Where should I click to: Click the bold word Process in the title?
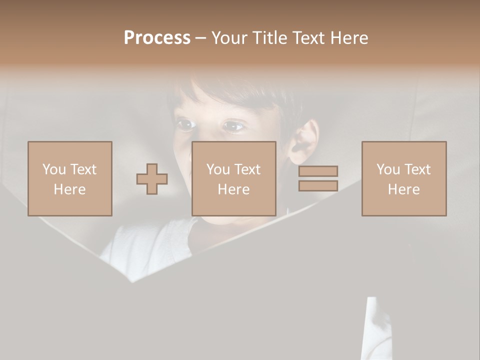tap(157, 38)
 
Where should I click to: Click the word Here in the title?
tap(348, 38)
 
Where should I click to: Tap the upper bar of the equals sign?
tap(318, 171)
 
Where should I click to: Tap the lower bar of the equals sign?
tap(318, 185)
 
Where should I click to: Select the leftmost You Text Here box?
tap(69, 178)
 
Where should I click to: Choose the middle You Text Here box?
tap(233, 178)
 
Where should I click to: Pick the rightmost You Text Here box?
tap(403, 178)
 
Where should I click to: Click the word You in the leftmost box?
tap(54, 169)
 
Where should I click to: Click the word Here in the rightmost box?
tap(403, 189)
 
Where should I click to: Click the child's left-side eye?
tap(186, 124)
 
